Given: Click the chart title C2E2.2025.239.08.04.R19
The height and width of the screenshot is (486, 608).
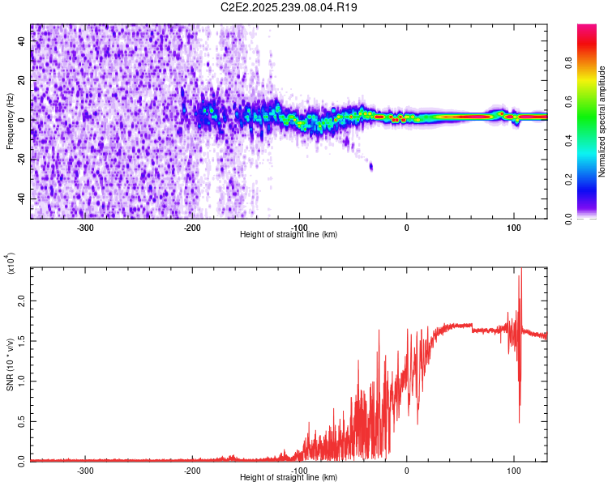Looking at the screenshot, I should point(289,7).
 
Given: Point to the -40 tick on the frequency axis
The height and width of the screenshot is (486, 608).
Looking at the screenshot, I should point(22,198).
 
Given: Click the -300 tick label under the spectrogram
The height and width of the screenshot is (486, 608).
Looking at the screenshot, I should point(86,227).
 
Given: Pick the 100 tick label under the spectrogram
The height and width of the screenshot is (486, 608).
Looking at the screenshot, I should point(513,227).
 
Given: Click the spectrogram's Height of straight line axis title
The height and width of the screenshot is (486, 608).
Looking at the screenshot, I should point(289,234).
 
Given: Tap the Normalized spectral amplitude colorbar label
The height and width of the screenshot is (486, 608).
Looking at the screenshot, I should point(602,122).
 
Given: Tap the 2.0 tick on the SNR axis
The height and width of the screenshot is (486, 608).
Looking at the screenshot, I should point(22,301).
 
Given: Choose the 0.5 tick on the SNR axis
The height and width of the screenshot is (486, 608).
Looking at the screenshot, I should point(22,420).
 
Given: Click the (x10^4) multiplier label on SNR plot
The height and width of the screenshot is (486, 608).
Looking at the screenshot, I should point(11,264).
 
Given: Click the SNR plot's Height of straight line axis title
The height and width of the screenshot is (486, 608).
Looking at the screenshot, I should point(289,477).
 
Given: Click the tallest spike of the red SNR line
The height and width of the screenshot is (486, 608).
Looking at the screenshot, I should point(520,272).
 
